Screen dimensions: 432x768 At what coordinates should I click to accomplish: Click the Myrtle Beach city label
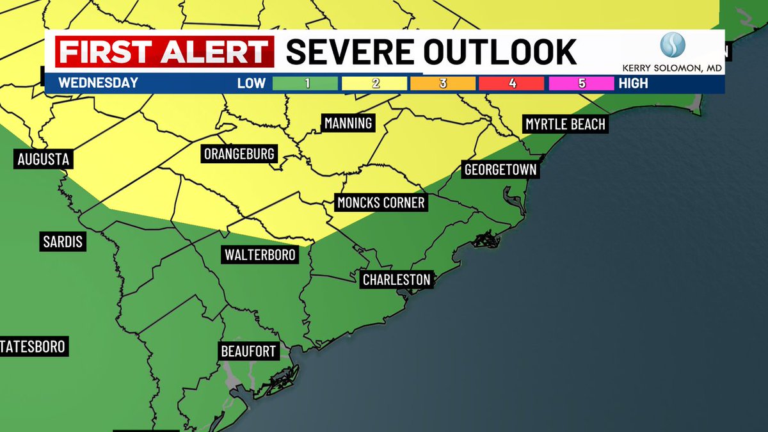(565, 124)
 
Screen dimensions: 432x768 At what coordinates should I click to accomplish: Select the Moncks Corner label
(381, 203)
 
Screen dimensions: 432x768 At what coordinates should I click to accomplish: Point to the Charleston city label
(396, 280)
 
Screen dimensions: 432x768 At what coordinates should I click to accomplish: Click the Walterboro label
(260, 255)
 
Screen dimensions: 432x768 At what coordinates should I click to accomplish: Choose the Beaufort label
(248, 351)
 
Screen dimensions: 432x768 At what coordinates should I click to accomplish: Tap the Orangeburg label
(239, 154)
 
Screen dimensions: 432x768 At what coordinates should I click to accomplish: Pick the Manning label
(348, 123)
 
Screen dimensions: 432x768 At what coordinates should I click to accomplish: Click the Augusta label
(43, 159)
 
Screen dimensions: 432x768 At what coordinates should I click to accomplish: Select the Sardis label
(63, 242)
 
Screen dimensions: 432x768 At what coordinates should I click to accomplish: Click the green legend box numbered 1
(305, 83)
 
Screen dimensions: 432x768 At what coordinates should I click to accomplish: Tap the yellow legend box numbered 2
(374, 83)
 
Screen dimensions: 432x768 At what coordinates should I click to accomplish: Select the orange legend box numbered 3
(443, 83)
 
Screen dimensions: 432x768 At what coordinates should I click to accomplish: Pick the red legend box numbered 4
(511, 83)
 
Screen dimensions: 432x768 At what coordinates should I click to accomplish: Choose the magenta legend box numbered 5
(580, 83)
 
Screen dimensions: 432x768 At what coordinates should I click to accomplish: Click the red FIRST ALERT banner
(164, 52)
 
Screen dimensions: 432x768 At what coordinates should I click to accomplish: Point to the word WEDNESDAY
(98, 83)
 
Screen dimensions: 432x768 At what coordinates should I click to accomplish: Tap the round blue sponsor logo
(673, 45)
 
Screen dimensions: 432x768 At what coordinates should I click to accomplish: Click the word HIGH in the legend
(633, 83)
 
